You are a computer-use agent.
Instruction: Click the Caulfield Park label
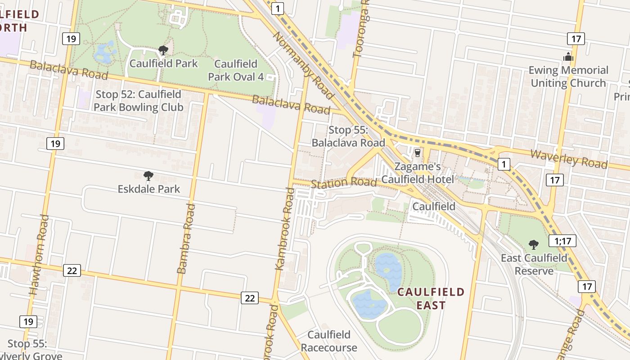coord(163,63)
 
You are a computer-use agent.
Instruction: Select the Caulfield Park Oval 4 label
coord(235,70)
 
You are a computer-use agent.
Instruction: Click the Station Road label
coord(344,183)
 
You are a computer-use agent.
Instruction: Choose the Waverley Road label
coord(568,158)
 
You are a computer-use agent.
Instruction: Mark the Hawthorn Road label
coord(39,255)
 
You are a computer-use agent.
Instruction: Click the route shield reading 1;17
coord(562,241)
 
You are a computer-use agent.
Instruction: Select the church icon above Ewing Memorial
coord(568,57)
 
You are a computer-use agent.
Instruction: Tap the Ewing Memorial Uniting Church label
coord(568,76)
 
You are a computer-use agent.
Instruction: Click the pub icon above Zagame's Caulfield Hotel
coord(418,153)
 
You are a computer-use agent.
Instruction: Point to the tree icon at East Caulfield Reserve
coord(534,245)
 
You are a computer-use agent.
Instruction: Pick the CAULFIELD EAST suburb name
coord(431,298)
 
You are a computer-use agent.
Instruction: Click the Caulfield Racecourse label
coord(329,341)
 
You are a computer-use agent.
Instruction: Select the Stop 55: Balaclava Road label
coord(348,136)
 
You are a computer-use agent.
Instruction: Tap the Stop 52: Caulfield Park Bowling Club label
coord(139,101)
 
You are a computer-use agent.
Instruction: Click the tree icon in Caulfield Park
coord(163,50)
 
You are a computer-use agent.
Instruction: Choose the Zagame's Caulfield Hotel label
coord(418,173)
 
